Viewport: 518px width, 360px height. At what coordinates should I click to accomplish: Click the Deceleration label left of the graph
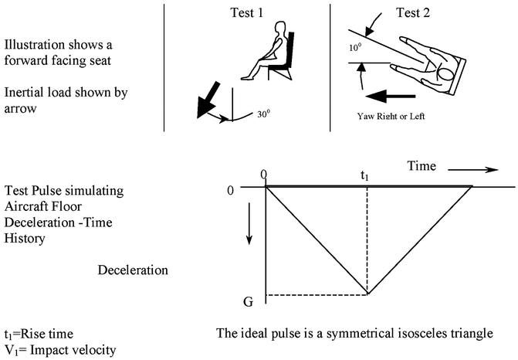(134, 270)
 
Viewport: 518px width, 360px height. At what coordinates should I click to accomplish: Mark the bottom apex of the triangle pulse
(367, 294)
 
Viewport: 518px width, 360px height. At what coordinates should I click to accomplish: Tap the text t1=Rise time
(37, 334)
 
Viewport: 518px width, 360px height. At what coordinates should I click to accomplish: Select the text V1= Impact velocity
(59, 350)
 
